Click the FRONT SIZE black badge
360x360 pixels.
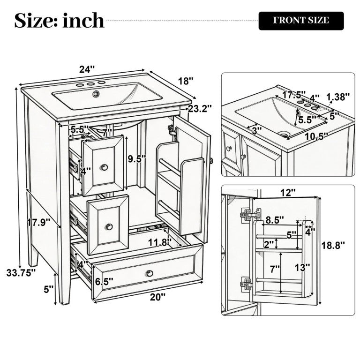pos(301,21)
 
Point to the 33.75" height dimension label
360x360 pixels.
pos(21,273)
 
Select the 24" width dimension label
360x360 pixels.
pos(87,69)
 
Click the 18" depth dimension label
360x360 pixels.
pos(186,81)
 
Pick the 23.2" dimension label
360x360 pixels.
pos(200,108)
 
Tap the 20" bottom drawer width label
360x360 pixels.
pos(157,297)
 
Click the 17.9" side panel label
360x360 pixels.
pos(38,222)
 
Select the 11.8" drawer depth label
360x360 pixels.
pos(159,242)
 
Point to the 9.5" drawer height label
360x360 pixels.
pos(137,159)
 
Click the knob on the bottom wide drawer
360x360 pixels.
pos(150,273)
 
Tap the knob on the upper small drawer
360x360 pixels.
pos(105,167)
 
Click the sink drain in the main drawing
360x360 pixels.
pos(96,93)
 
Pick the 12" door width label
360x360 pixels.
pos(288,192)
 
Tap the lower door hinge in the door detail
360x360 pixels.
pos(246,284)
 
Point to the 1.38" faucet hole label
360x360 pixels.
pos(338,97)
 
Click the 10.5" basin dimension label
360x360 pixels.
pos(315,137)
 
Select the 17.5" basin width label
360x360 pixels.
pos(293,94)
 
